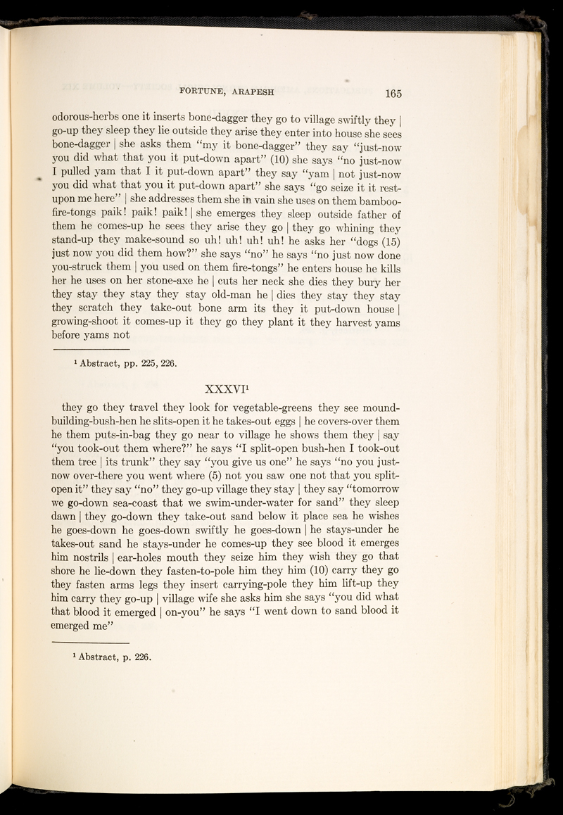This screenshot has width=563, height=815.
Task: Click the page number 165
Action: point(388,92)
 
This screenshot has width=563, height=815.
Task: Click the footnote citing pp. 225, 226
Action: point(120,364)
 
